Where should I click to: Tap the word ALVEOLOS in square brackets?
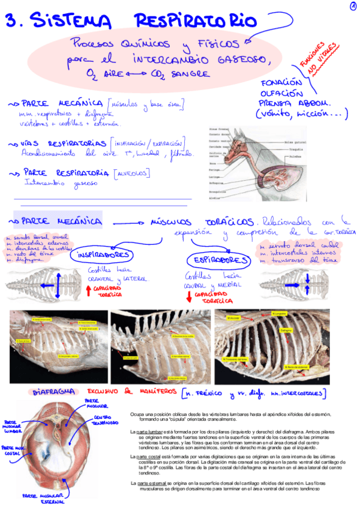coord(131,173)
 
